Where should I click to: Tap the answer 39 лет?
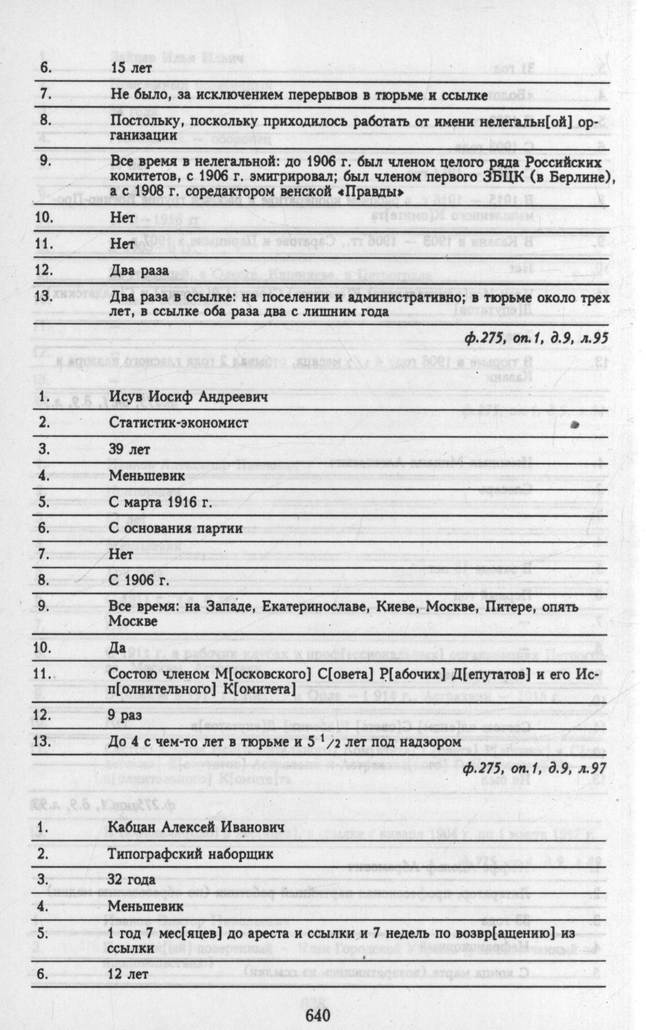tap(130, 450)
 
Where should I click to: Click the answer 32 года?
tap(133, 880)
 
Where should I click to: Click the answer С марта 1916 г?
tap(161, 503)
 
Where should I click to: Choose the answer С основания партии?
tap(176, 529)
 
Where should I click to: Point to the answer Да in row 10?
tap(118, 647)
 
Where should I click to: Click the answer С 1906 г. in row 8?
tap(137, 581)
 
